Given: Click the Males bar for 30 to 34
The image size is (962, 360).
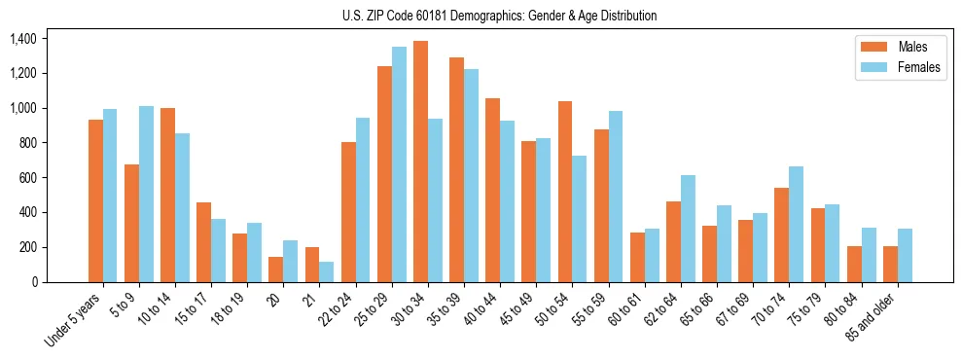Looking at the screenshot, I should tap(420, 162).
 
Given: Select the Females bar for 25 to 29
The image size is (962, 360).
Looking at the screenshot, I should tap(399, 164).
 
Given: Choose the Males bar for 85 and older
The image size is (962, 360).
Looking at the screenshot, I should tap(890, 264).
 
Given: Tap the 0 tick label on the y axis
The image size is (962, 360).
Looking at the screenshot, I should tap(34, 282).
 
